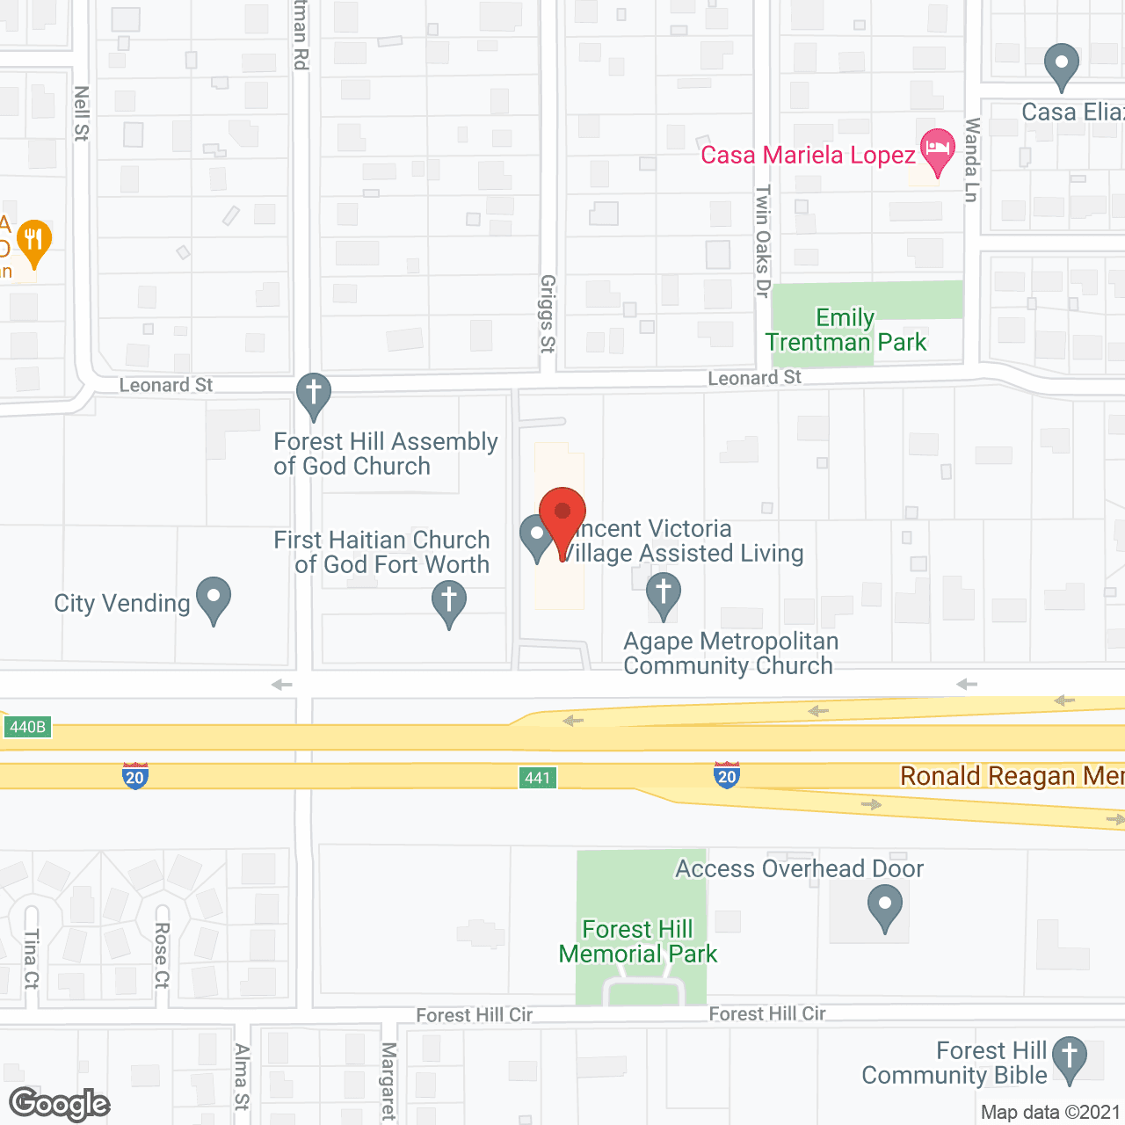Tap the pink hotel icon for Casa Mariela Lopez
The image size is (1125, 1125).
pyautogui.click(x=937, y=150)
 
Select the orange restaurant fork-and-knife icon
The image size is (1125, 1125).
pyautogui.click(x=34, y=241)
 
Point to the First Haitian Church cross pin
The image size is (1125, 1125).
pyautogui.click(x=449, y=604)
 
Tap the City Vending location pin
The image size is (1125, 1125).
pyautogui.click(x=214, y=599)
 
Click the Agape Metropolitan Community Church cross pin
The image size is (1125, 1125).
pyautogui.click(x=664, y=595)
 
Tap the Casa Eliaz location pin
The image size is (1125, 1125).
pyautogui.click(x=1062, y=66)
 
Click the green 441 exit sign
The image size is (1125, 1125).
pyautogui.click(x=537, y=778)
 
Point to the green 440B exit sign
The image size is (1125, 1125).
pyautogui.click(x=27, y=727)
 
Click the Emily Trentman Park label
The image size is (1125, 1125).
pyautogui.click(x=846, y=330)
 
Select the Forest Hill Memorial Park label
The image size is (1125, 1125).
pyautogui.click(x=638, y=941)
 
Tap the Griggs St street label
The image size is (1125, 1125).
pyautogui.click(x=548, y=314)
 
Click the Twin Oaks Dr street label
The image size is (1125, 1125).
pyautogui.click(x=763, y=241)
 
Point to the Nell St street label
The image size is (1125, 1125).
pyautogui.click(x=82, y=113)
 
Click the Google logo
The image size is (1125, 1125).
pyautogui.click(x=60, y=1104)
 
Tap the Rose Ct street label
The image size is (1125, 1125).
pyautogui.click(x=162, y=955)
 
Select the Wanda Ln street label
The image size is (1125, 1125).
pyautogui.click(x=971, y=160)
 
